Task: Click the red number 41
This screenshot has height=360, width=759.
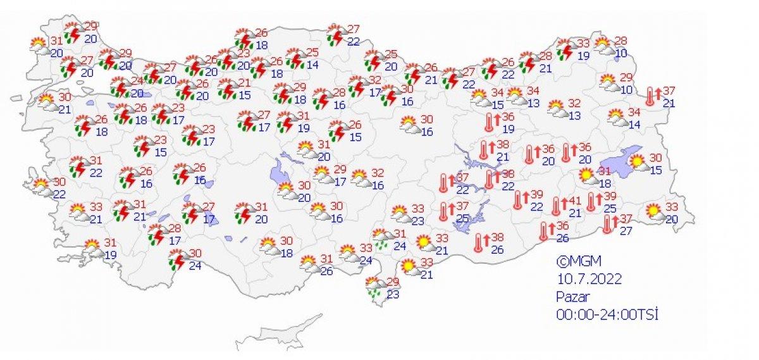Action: click(x=574, y=201)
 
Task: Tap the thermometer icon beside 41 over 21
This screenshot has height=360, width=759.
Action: click(x=557, y=206)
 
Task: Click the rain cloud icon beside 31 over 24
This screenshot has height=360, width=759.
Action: click(x=381, y=239)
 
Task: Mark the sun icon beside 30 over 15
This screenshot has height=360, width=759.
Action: click(x=638, y=163)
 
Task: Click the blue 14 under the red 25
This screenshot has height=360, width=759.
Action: click(x=312, y=65)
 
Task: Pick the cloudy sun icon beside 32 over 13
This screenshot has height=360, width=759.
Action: click(x=557, y=109)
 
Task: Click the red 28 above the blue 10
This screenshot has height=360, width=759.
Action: click(x=621, y=40)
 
